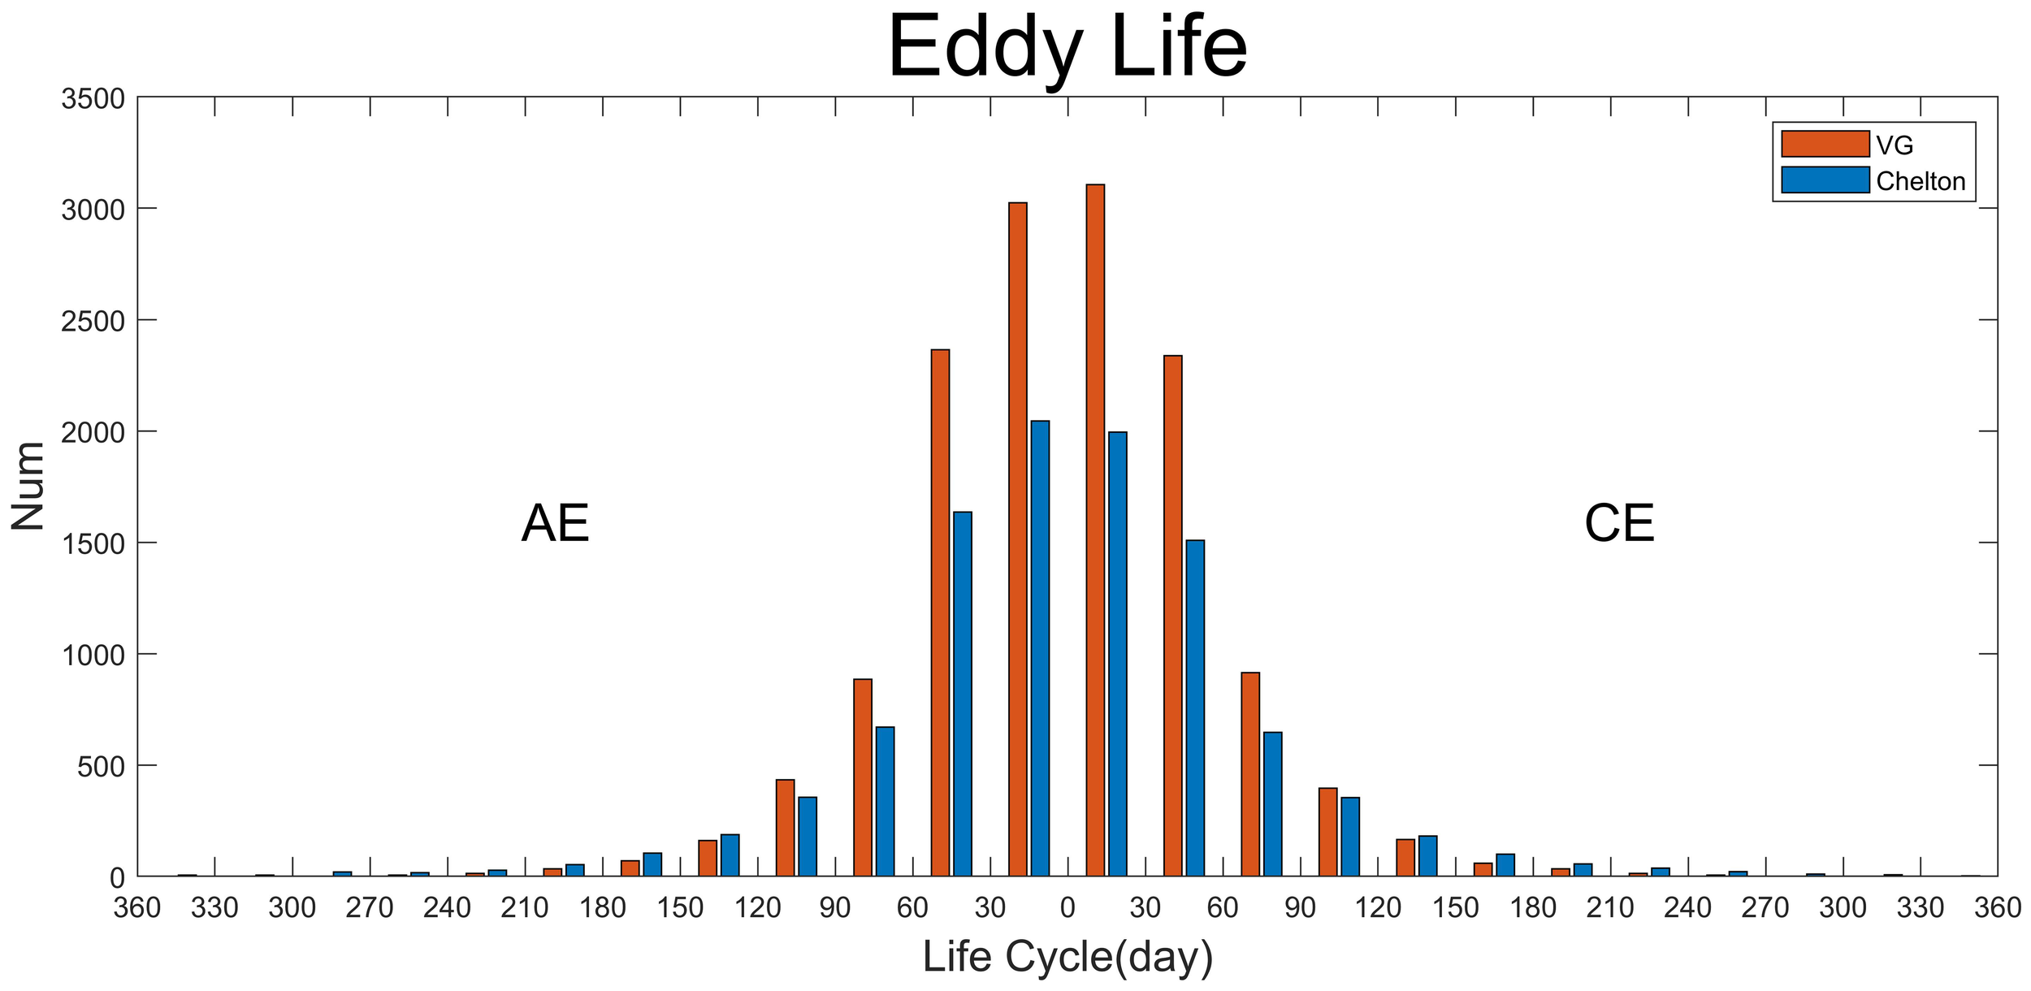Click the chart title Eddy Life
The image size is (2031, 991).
click(1067, 49)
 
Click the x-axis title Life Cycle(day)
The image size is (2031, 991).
click(1067, 956)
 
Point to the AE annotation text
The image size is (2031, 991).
click(555, 524)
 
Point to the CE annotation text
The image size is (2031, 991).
click(1619, 524)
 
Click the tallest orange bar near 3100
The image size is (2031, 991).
click(1095, 528)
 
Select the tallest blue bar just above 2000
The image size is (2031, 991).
click(1040, 650)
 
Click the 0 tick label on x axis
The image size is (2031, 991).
click(1067, 907)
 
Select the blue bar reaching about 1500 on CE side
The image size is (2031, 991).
click(1195, 707)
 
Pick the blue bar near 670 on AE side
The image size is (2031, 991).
click(885, 800)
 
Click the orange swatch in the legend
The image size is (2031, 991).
click(1825, 144)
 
